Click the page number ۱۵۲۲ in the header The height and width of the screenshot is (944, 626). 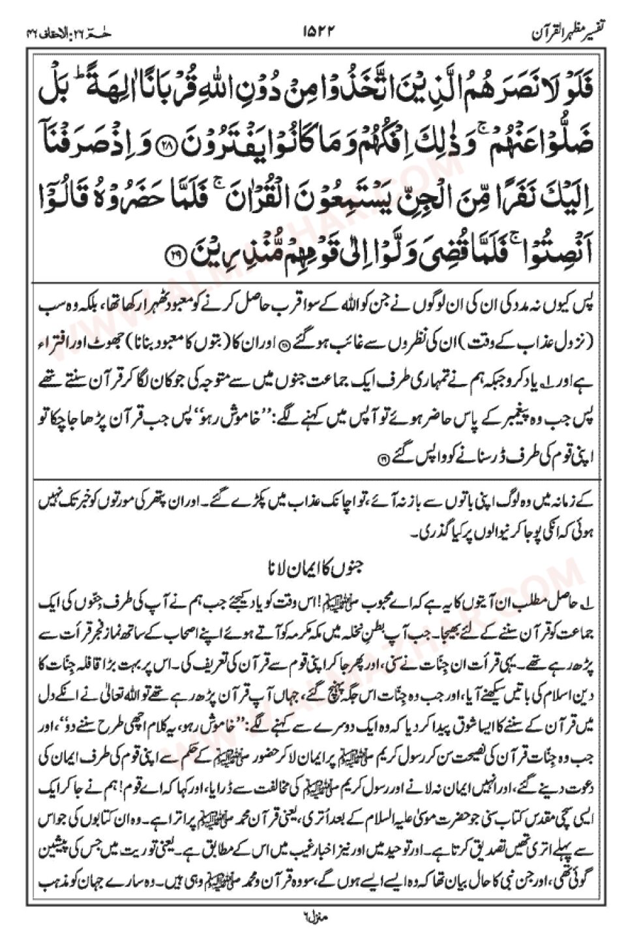tap(315, 30)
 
